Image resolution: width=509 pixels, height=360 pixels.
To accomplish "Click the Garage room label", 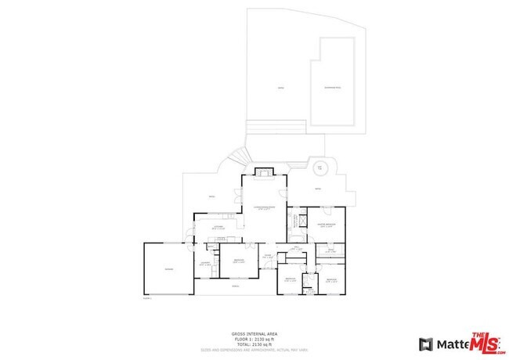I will pos(168,269).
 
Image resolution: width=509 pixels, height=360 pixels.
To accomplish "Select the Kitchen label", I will pos(220,227).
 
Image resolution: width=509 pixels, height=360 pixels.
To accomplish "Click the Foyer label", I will pos(266,256).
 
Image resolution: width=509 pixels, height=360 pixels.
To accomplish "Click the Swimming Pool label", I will pos(334,87).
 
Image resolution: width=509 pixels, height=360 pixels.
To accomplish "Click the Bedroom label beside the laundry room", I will pos(238,261).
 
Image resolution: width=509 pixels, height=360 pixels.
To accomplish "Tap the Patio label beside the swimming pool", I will pos(280,88).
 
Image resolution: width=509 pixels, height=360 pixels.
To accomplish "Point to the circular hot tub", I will pos(319,168).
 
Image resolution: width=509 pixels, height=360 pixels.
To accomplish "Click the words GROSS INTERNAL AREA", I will pos(254,333).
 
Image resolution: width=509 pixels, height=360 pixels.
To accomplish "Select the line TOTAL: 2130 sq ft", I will pos(254,344).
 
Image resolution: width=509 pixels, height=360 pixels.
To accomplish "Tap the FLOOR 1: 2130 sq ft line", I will pos(254,338).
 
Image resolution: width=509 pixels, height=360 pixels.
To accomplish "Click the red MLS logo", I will pos(486,342).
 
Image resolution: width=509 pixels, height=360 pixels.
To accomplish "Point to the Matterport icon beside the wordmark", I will pos(426,344).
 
